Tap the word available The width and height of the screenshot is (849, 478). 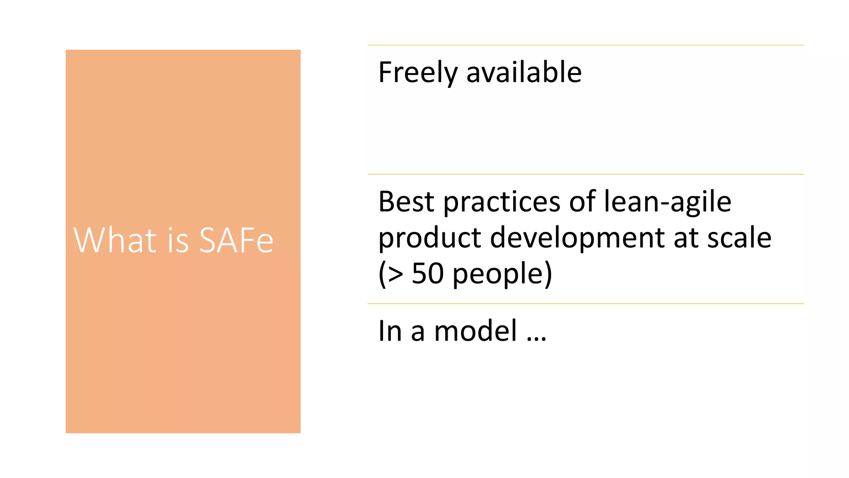[524, 72]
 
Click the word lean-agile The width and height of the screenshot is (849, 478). [667, 202]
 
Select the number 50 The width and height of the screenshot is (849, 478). [427, 273]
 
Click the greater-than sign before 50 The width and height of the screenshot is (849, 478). [395, 274]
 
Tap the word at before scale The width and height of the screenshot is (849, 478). [686, 239]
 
